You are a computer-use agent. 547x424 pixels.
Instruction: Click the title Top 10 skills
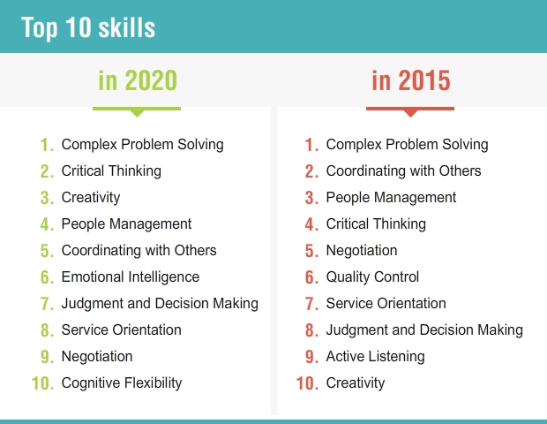pyautogui.click(x=88, y=28)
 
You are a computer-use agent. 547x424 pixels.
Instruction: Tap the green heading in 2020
pyautogui.click(x=138, y=80)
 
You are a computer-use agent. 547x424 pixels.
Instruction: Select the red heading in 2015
pyautogui.click(x=411, y=80)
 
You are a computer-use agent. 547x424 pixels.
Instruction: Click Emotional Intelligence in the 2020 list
pyautogui.click(x=131, y=277)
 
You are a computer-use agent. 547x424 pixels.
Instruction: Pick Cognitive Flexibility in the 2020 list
pyautogui.click(x=122, y=383)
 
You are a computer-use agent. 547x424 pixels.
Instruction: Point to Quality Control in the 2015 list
pyautogui.click(x=372, y=277)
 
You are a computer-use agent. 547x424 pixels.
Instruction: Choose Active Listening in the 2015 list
pyautogui.click(x=375, y=357)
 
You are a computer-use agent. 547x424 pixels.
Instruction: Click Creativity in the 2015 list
pyautogui.click(x=356, y=383)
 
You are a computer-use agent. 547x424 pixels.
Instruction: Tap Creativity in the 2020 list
pyautogui.click(x=91, y=198)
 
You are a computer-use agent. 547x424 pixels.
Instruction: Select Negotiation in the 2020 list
pyautogui.click(x=97, y=357)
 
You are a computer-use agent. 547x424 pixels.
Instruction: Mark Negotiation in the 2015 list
pyautogui.click(x=362, y=250)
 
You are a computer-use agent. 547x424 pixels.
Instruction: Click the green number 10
pyautogui.click(x=42, y=383)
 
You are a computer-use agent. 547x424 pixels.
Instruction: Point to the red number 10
pyautogui.click(x=307, y=383)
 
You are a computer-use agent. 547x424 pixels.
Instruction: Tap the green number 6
pyautogui.click(x=47, y=277)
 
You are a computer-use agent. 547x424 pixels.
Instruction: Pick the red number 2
pyautogui.click(x=311, y=171)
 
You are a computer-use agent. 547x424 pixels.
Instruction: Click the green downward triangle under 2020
pyautogui.click(x=137, y=114)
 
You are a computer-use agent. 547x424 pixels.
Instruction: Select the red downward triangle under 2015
pyautogui.click(x=410, y=114)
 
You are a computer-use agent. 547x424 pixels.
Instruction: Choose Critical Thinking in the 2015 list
pyautogui.click(x=376, y=224)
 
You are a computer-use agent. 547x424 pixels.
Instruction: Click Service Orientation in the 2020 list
pyautogui.click(x=122, y=330)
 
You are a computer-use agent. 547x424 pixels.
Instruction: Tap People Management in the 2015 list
pyautogui.click(x=391, y=198)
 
